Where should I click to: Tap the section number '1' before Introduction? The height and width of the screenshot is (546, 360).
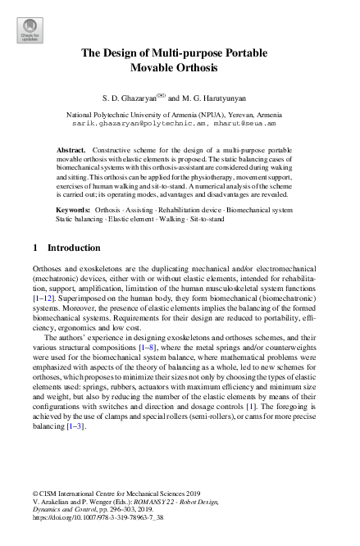pos(34,248)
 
